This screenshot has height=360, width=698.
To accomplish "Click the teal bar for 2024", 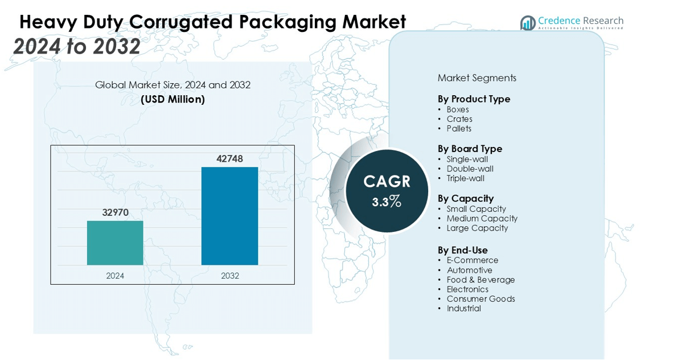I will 115,243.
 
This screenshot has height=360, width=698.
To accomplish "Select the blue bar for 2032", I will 229,216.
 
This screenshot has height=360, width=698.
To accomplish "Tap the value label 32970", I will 116,212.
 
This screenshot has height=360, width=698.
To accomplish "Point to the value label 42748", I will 229,158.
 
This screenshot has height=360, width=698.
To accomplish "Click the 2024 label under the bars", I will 115,276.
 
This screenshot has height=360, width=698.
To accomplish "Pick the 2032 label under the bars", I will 229,276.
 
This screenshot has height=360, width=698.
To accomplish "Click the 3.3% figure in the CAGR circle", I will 387,202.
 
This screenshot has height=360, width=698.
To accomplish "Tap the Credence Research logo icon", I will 528,23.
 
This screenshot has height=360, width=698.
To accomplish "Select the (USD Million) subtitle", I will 173,99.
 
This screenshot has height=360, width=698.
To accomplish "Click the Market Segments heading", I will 477,78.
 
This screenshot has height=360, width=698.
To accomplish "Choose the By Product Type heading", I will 474,99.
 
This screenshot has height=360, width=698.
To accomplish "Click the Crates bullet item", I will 459,119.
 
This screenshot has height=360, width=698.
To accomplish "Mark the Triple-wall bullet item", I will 465,178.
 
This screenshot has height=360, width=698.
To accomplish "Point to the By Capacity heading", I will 465,198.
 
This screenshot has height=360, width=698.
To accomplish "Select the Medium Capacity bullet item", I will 482,219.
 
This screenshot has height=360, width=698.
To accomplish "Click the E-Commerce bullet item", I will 472,260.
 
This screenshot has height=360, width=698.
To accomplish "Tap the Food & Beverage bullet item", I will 481,280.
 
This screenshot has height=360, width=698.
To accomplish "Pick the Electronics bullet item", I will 467,289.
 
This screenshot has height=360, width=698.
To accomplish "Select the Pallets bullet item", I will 459,129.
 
